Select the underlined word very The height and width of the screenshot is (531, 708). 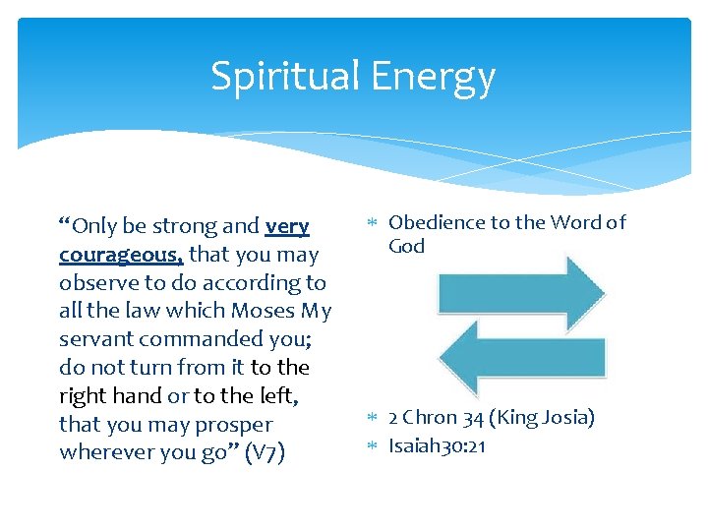pos(287,226)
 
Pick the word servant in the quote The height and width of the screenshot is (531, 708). pos(95,339)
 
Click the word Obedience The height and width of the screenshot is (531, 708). pos(437,222)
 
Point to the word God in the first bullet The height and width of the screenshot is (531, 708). pos(406,246)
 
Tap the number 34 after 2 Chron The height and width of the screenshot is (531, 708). pos(473,418)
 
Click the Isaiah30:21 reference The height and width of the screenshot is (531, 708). pos(438,445)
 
